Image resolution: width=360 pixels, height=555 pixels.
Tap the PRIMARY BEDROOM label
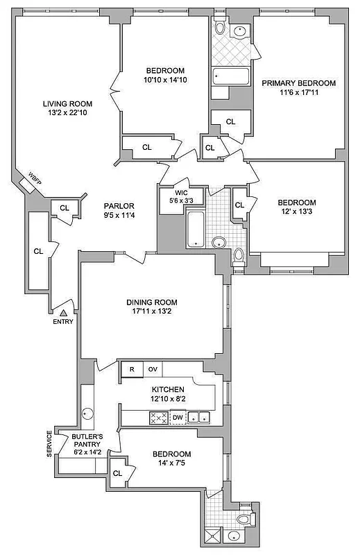click(298, 83)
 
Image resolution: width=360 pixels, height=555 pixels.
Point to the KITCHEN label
click(169, 390)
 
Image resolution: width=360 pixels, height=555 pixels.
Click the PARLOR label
click(119, 206)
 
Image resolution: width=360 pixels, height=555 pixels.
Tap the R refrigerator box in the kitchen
click(130, 369)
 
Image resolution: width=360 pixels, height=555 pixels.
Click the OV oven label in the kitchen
click(153, 369)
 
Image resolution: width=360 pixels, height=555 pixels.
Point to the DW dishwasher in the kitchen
click(177, 417)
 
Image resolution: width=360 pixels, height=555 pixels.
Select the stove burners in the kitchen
click(157, 418)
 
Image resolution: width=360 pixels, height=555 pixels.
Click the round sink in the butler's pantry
click(88, 412)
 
